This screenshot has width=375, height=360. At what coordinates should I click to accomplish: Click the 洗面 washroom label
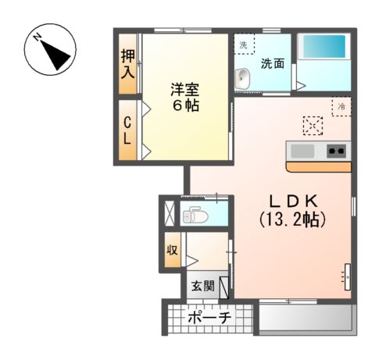pos(272,63)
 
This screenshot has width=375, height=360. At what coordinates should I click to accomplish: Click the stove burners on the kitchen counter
pos(337,151)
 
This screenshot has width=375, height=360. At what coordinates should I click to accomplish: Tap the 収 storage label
pos(172,251)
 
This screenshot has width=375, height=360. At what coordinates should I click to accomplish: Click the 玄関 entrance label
pos(204,287)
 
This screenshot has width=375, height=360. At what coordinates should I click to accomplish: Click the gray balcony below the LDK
pos(305,319)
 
